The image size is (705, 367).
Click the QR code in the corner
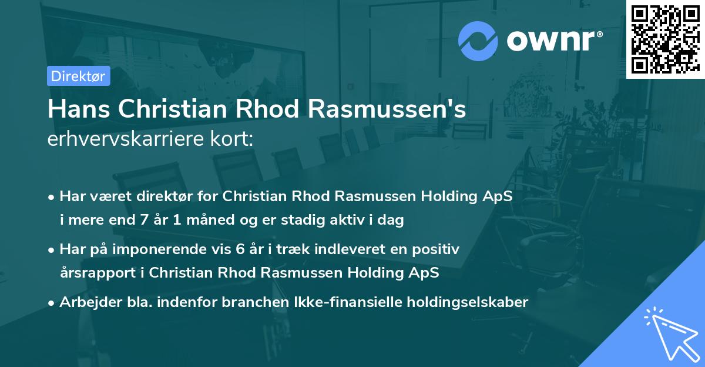[665, 39]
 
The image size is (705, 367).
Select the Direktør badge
[78, 76]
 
